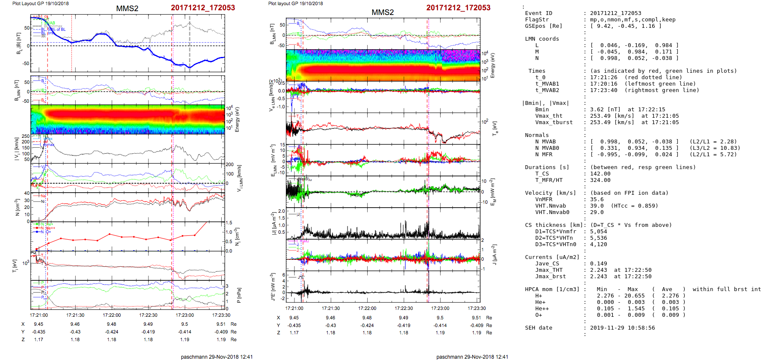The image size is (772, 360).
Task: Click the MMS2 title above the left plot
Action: tap(127, 9)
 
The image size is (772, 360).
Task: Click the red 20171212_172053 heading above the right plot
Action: tap(458, 8)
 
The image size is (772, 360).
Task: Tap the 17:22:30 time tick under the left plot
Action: tap(148, 315)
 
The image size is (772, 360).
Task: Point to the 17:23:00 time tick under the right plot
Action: tap(440, 308)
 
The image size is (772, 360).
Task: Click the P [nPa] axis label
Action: tap(239, 295)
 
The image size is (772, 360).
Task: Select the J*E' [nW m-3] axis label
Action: tap(272, 287)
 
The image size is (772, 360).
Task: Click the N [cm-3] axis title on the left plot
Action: tap(17, 207)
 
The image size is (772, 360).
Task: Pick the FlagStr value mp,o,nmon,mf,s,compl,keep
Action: tap(627, 20)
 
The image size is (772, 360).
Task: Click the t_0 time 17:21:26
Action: tap(603, 77)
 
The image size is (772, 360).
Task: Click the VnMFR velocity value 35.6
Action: tap(597, 199)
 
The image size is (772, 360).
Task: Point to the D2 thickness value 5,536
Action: tap(598, 238)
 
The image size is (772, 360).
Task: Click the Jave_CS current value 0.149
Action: tap(598, 264)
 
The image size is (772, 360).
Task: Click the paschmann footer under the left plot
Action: tap(217, 357)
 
